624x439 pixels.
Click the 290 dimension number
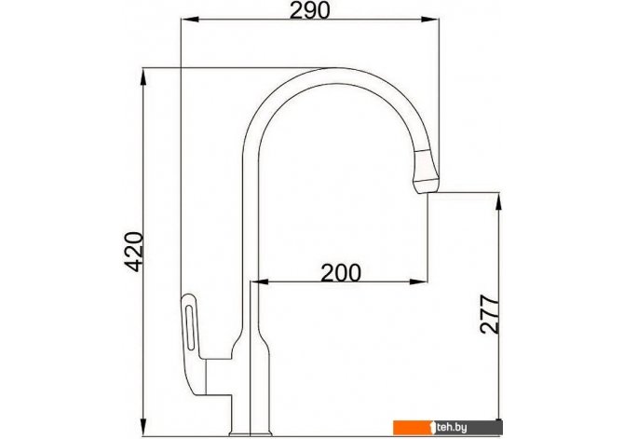[309, 10]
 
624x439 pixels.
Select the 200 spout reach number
[341, 273]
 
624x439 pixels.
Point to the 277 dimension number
[490, 314]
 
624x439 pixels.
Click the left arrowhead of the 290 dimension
[189, 20]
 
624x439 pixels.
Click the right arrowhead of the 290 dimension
[430, 20]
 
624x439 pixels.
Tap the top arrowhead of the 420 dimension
[143, 76]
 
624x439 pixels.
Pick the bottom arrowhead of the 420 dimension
[143, 427]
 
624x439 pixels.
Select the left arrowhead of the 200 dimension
[260, 282]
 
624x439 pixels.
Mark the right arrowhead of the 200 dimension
[419, 282]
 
